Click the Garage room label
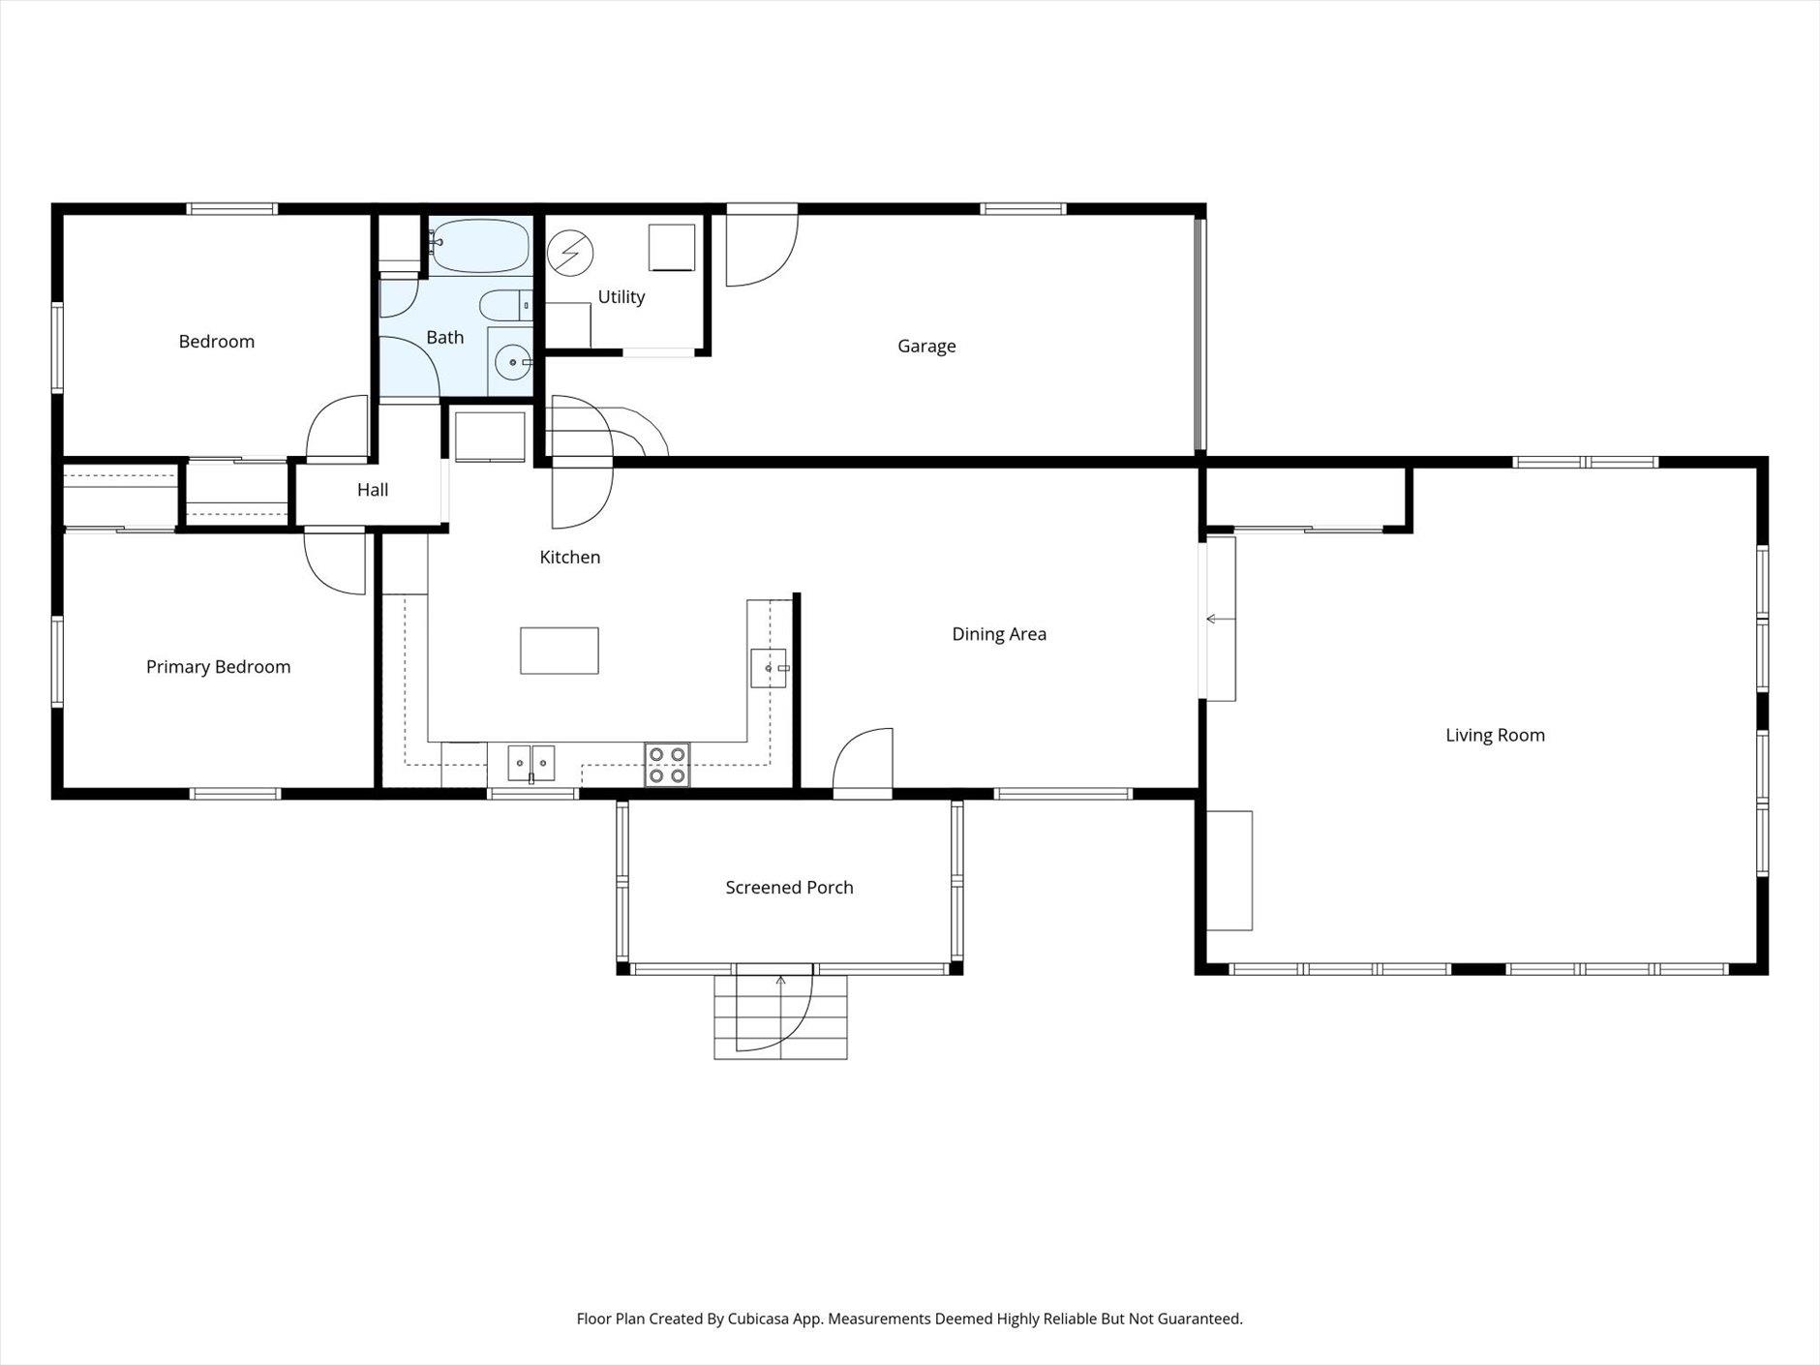point(926,346)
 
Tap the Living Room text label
point(1495,735)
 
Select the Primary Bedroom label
point(218,667)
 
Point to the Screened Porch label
point(789,888)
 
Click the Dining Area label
point(999,634)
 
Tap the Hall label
point(373,490)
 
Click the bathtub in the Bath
point(480,246)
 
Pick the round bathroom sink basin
point(510,363)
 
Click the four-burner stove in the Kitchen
point(667,765)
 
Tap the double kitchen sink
point(531,763)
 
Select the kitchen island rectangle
point(560,651)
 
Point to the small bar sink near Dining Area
point(770,668)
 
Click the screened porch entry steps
point(781,1016)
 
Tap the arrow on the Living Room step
point(1212,619)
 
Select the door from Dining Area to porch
point(862,765)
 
